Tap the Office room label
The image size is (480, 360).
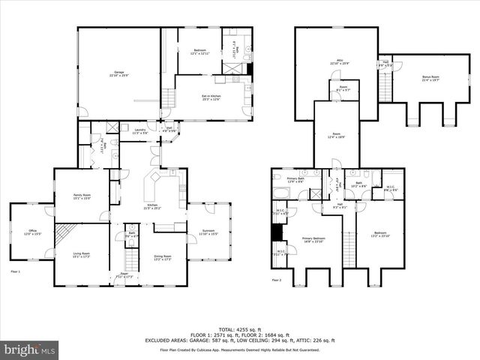31,232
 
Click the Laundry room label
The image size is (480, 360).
139,131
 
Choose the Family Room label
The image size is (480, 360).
82,196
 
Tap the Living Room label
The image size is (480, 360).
81,255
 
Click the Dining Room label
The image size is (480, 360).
163,257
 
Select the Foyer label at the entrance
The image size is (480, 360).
124,274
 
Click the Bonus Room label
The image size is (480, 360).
430,79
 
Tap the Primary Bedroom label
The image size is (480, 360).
314,240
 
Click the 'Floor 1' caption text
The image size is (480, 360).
16,271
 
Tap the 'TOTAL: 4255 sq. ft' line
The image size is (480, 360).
240,329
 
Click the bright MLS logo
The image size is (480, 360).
30,349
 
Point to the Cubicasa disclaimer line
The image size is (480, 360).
240,350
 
